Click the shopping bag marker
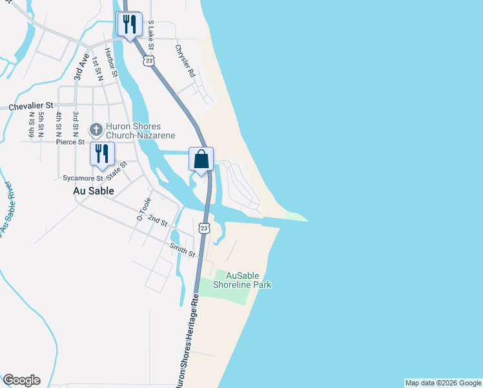pos(201,159)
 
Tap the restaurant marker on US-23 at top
pos(128,25)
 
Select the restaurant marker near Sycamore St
pos(102,154)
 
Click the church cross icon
pos(95,130)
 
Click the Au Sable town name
pos(94,191)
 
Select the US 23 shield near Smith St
pos(204,228)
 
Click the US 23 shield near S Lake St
pos(149,61)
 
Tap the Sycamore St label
pos(82,178)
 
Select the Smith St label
pos(183,250)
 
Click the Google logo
pos(21,380)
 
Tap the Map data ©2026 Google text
pos(443,383)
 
